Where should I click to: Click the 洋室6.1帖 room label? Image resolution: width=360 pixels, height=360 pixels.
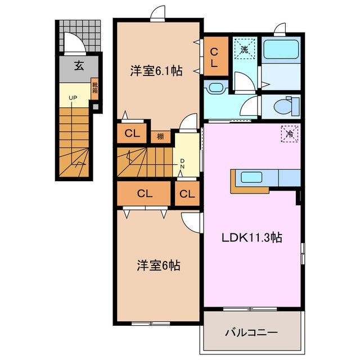pos(156,71)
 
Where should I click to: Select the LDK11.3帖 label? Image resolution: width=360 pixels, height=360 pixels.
pos(250,237)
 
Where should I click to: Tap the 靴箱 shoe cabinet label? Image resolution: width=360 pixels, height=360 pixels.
pos(94,88)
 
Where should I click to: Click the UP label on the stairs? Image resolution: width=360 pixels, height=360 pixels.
pos(73,98)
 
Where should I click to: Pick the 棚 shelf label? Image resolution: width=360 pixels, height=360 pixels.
pos(160,136)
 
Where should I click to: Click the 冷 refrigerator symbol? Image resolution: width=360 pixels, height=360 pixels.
pos(290,134)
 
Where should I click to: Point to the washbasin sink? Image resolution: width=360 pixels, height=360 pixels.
pos(214,87)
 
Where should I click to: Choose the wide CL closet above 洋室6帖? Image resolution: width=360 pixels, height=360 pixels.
pos(145,194)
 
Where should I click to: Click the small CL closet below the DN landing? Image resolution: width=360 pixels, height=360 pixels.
pos(187,194)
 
